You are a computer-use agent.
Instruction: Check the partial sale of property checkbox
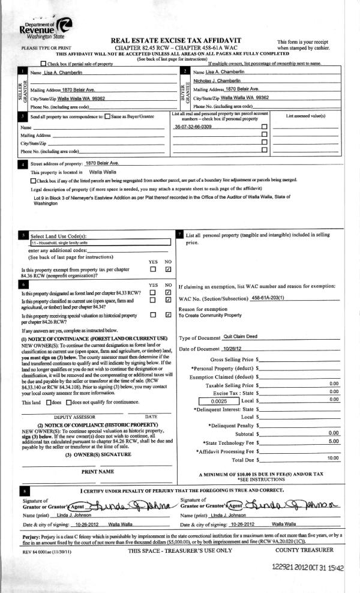click(43, 64)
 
